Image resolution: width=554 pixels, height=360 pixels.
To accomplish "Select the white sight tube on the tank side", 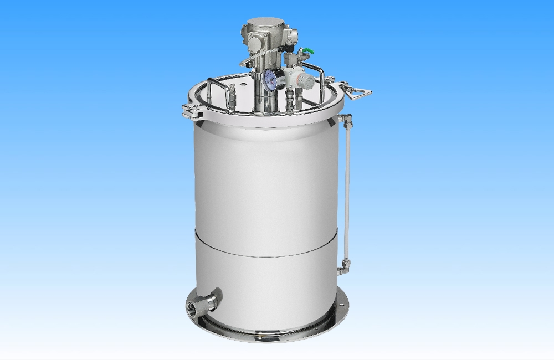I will (x=347, y=188).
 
